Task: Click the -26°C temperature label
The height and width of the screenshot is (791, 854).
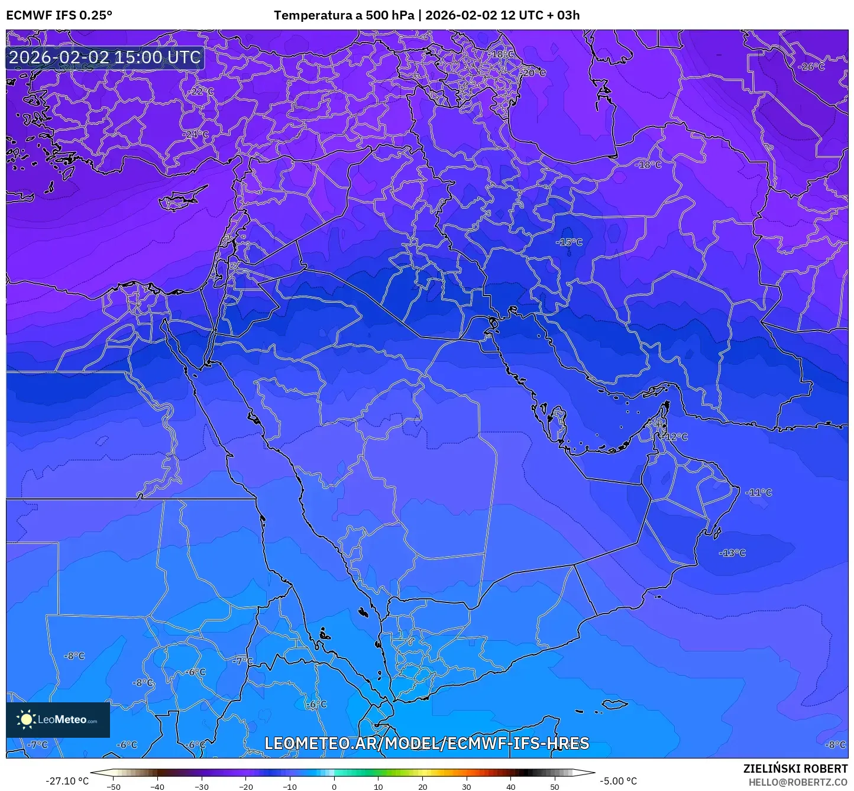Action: pyautogui.click(x=811, y=67)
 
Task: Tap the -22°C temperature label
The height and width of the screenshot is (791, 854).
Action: pyautogui.click(x=202, y=92)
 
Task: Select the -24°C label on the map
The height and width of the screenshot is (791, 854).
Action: pyautogui.click(x=196, y=135)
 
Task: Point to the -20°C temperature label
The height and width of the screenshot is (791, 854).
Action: pyautogui.click(x=533, y=73)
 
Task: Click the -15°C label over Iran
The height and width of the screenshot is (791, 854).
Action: pyautogui.click(x=569, y=242)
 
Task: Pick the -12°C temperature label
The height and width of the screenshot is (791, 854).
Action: pyautogui.click(x=675, y=437)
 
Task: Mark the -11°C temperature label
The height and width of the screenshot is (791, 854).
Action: pyautogui.click(x=759, y=492)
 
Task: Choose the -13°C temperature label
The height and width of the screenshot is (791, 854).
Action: pyautogui.click(x=732, y=553)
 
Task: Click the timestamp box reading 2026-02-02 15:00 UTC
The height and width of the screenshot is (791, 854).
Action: pyautogui.click(x=105, y=57)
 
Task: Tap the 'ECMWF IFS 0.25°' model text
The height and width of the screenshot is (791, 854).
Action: pyautogui.click(x=59, y=15)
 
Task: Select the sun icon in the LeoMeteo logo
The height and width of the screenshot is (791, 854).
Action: pyautogui.click(x=26, y=719)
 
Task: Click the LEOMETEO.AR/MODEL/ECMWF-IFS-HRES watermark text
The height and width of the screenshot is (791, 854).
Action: pyautogui.click(x=426, y=743)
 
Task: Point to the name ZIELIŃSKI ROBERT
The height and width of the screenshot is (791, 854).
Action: pyautogui.click(x=795, y=769)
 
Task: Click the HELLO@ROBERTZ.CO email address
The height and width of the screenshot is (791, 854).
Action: pyautogui.click(x=798, y=782)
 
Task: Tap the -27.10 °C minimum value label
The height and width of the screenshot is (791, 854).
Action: pyautogui.click(x=67, y=781)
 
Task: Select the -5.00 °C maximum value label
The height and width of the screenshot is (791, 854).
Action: pyautogui.click(x=619, y=781)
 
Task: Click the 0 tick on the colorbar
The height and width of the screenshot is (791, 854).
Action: pyautogui.click(x=334, y=786)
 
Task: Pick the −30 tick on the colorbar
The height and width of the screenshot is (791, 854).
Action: pyautogui.click(x=202, y=786)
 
